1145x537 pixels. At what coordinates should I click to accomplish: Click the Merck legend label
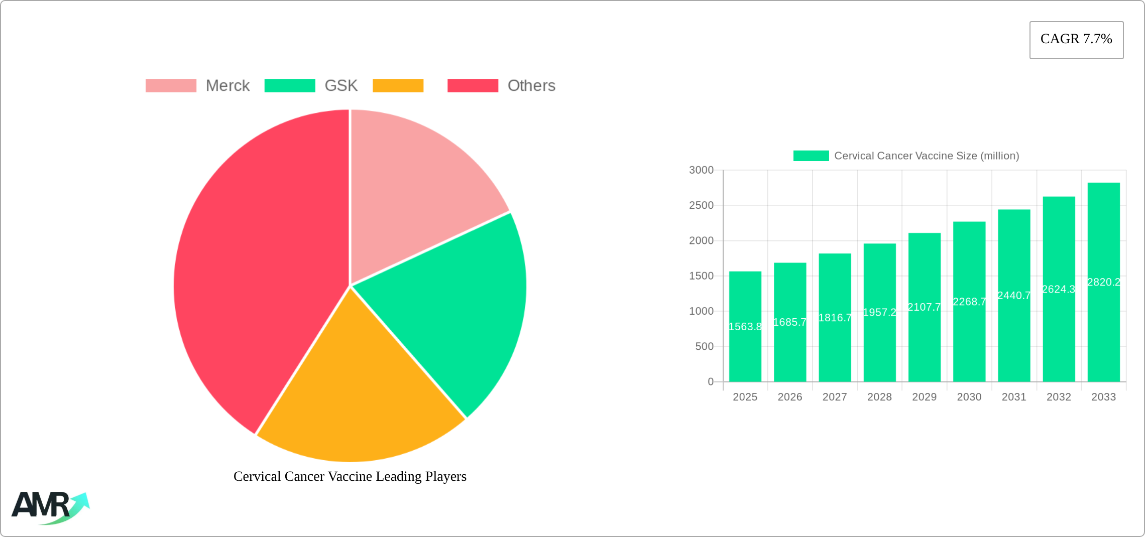coord(227,86)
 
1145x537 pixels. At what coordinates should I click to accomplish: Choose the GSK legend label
coord(341,86)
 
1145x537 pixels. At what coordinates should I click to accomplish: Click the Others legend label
coord(531,86)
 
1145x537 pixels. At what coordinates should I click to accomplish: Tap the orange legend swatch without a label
coord(398,86)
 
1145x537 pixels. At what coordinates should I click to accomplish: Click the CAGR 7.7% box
coord(1076,40)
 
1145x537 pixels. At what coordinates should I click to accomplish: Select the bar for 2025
coord(745,351)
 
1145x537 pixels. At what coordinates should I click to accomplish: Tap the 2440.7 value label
coord(1014,296)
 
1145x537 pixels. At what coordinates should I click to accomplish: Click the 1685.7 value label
coord(790,322)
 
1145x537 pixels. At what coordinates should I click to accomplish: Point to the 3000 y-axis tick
coord(701,170)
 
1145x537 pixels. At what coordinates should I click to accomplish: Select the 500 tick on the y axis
coord(704,346)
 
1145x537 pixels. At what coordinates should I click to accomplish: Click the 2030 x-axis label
coord(969,397)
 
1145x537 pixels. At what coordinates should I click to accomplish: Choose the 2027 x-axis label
coord(835,397)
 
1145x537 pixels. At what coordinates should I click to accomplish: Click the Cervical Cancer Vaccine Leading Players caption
coord(350,476)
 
